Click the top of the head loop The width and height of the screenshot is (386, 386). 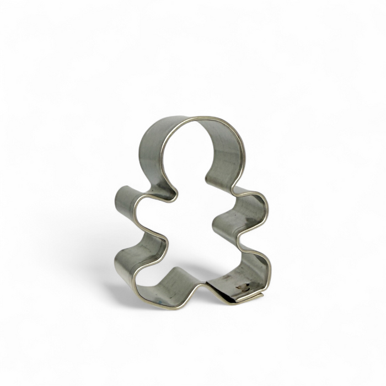tap(193, 118)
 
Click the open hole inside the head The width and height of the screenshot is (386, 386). tap(190, 157)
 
